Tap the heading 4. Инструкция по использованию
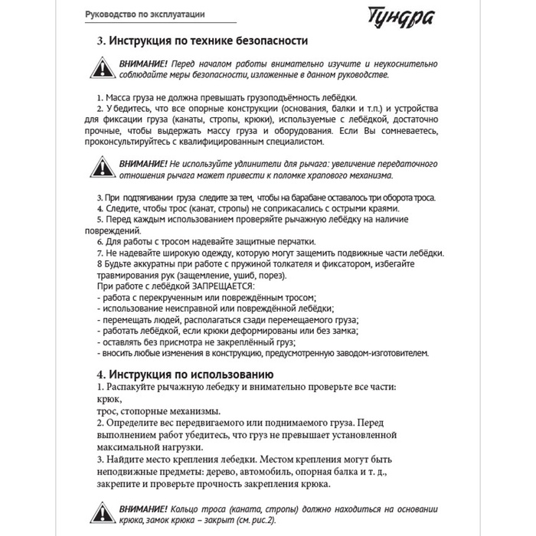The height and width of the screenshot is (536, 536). (x=185, y=374)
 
